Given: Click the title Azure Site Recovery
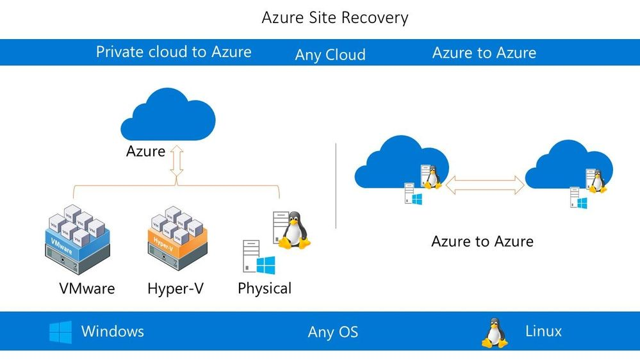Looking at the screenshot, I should (x=334, y=17).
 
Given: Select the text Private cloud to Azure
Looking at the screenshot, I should (x=173, y=52).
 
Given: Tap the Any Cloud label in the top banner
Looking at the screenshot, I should (x=330, y=55).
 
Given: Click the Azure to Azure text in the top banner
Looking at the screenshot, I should (x=484, y=53).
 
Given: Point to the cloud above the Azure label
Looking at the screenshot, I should (x=168, y=115).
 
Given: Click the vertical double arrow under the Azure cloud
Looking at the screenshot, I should (x=177, y=162).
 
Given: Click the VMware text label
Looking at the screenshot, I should (x=86, y=289).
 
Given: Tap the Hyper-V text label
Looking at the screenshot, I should (x=175, y=289).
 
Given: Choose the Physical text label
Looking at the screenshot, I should (x=264, y=289).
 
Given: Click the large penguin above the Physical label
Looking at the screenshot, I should (x=293, y=231).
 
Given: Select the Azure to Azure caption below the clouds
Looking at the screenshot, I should (x=482, y=241).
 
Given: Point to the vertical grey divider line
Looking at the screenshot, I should (x=336, y=186).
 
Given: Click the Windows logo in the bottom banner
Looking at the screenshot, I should (x=61, y=332).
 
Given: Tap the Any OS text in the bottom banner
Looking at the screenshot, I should (x=332, y=332).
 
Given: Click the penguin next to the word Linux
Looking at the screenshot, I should (x=494, y=332).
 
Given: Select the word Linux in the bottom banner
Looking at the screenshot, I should (x=543, y=331).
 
